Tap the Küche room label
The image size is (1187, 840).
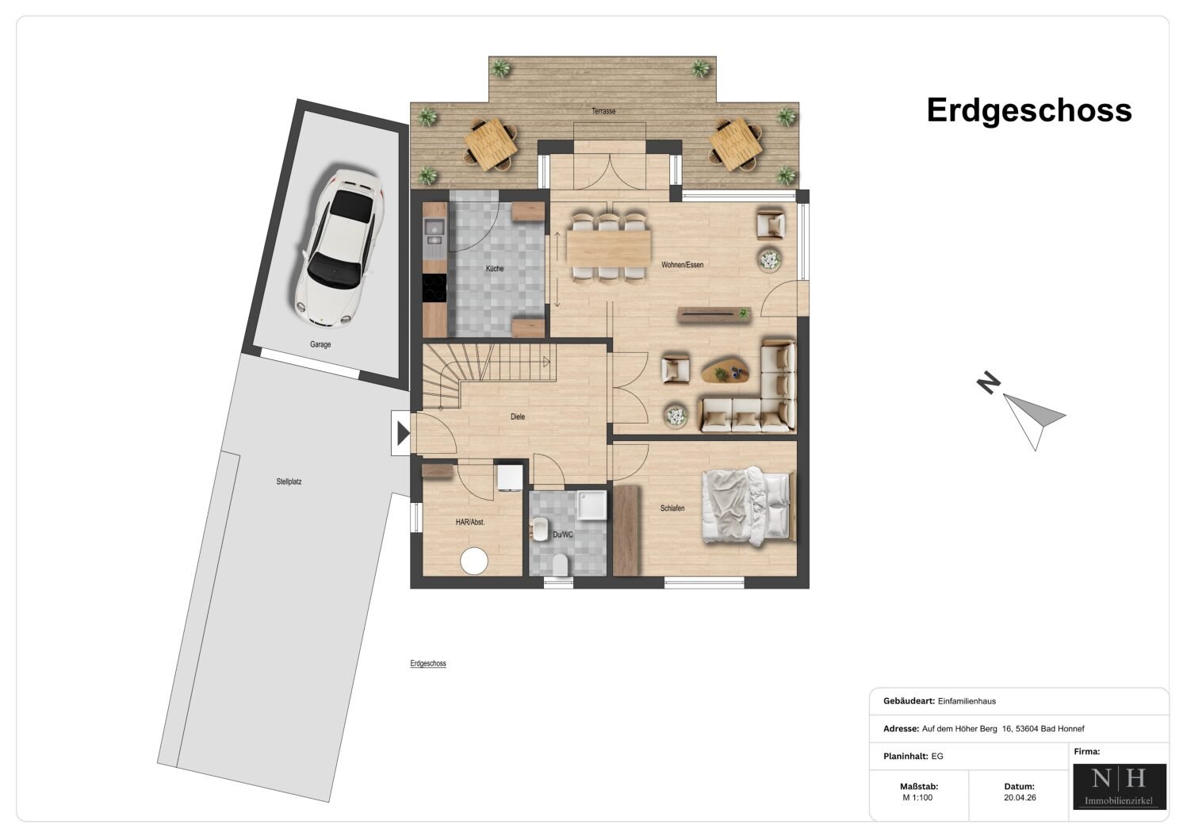pos(495,269)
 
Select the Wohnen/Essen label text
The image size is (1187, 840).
pos(682,265)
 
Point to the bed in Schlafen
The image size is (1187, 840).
pos(748,506)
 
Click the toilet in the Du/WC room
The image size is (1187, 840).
pos(559,565)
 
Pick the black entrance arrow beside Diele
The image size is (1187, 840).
pos(404,433)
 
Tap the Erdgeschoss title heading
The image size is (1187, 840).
pos(1029,111)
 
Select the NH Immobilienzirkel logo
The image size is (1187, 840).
pos(1120,787)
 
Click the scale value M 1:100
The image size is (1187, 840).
pos(917,798)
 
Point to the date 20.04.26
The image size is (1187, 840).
pos(1020,798)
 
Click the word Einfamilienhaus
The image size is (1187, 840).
pos(967,701)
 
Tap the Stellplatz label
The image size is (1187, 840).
pos(289,481)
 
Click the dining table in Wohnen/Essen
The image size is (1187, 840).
pos(608,247)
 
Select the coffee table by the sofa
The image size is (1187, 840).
pos(725,370)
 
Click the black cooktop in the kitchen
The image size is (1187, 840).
pos(434,288)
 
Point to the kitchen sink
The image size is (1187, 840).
pos(435,229)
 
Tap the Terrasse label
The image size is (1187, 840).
pos(603,111)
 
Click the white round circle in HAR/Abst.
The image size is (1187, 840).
pos(473,562)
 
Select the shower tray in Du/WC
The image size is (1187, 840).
pos(592,505)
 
